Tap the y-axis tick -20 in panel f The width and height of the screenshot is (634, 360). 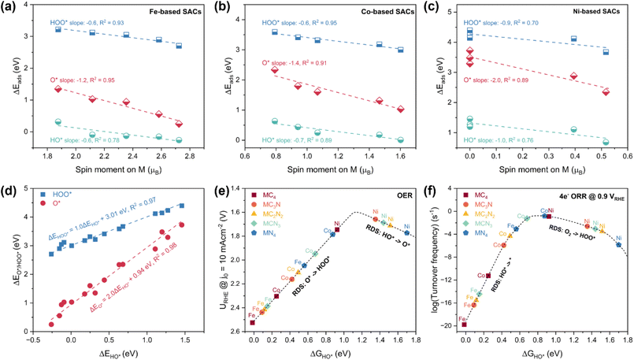click(446, 325)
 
